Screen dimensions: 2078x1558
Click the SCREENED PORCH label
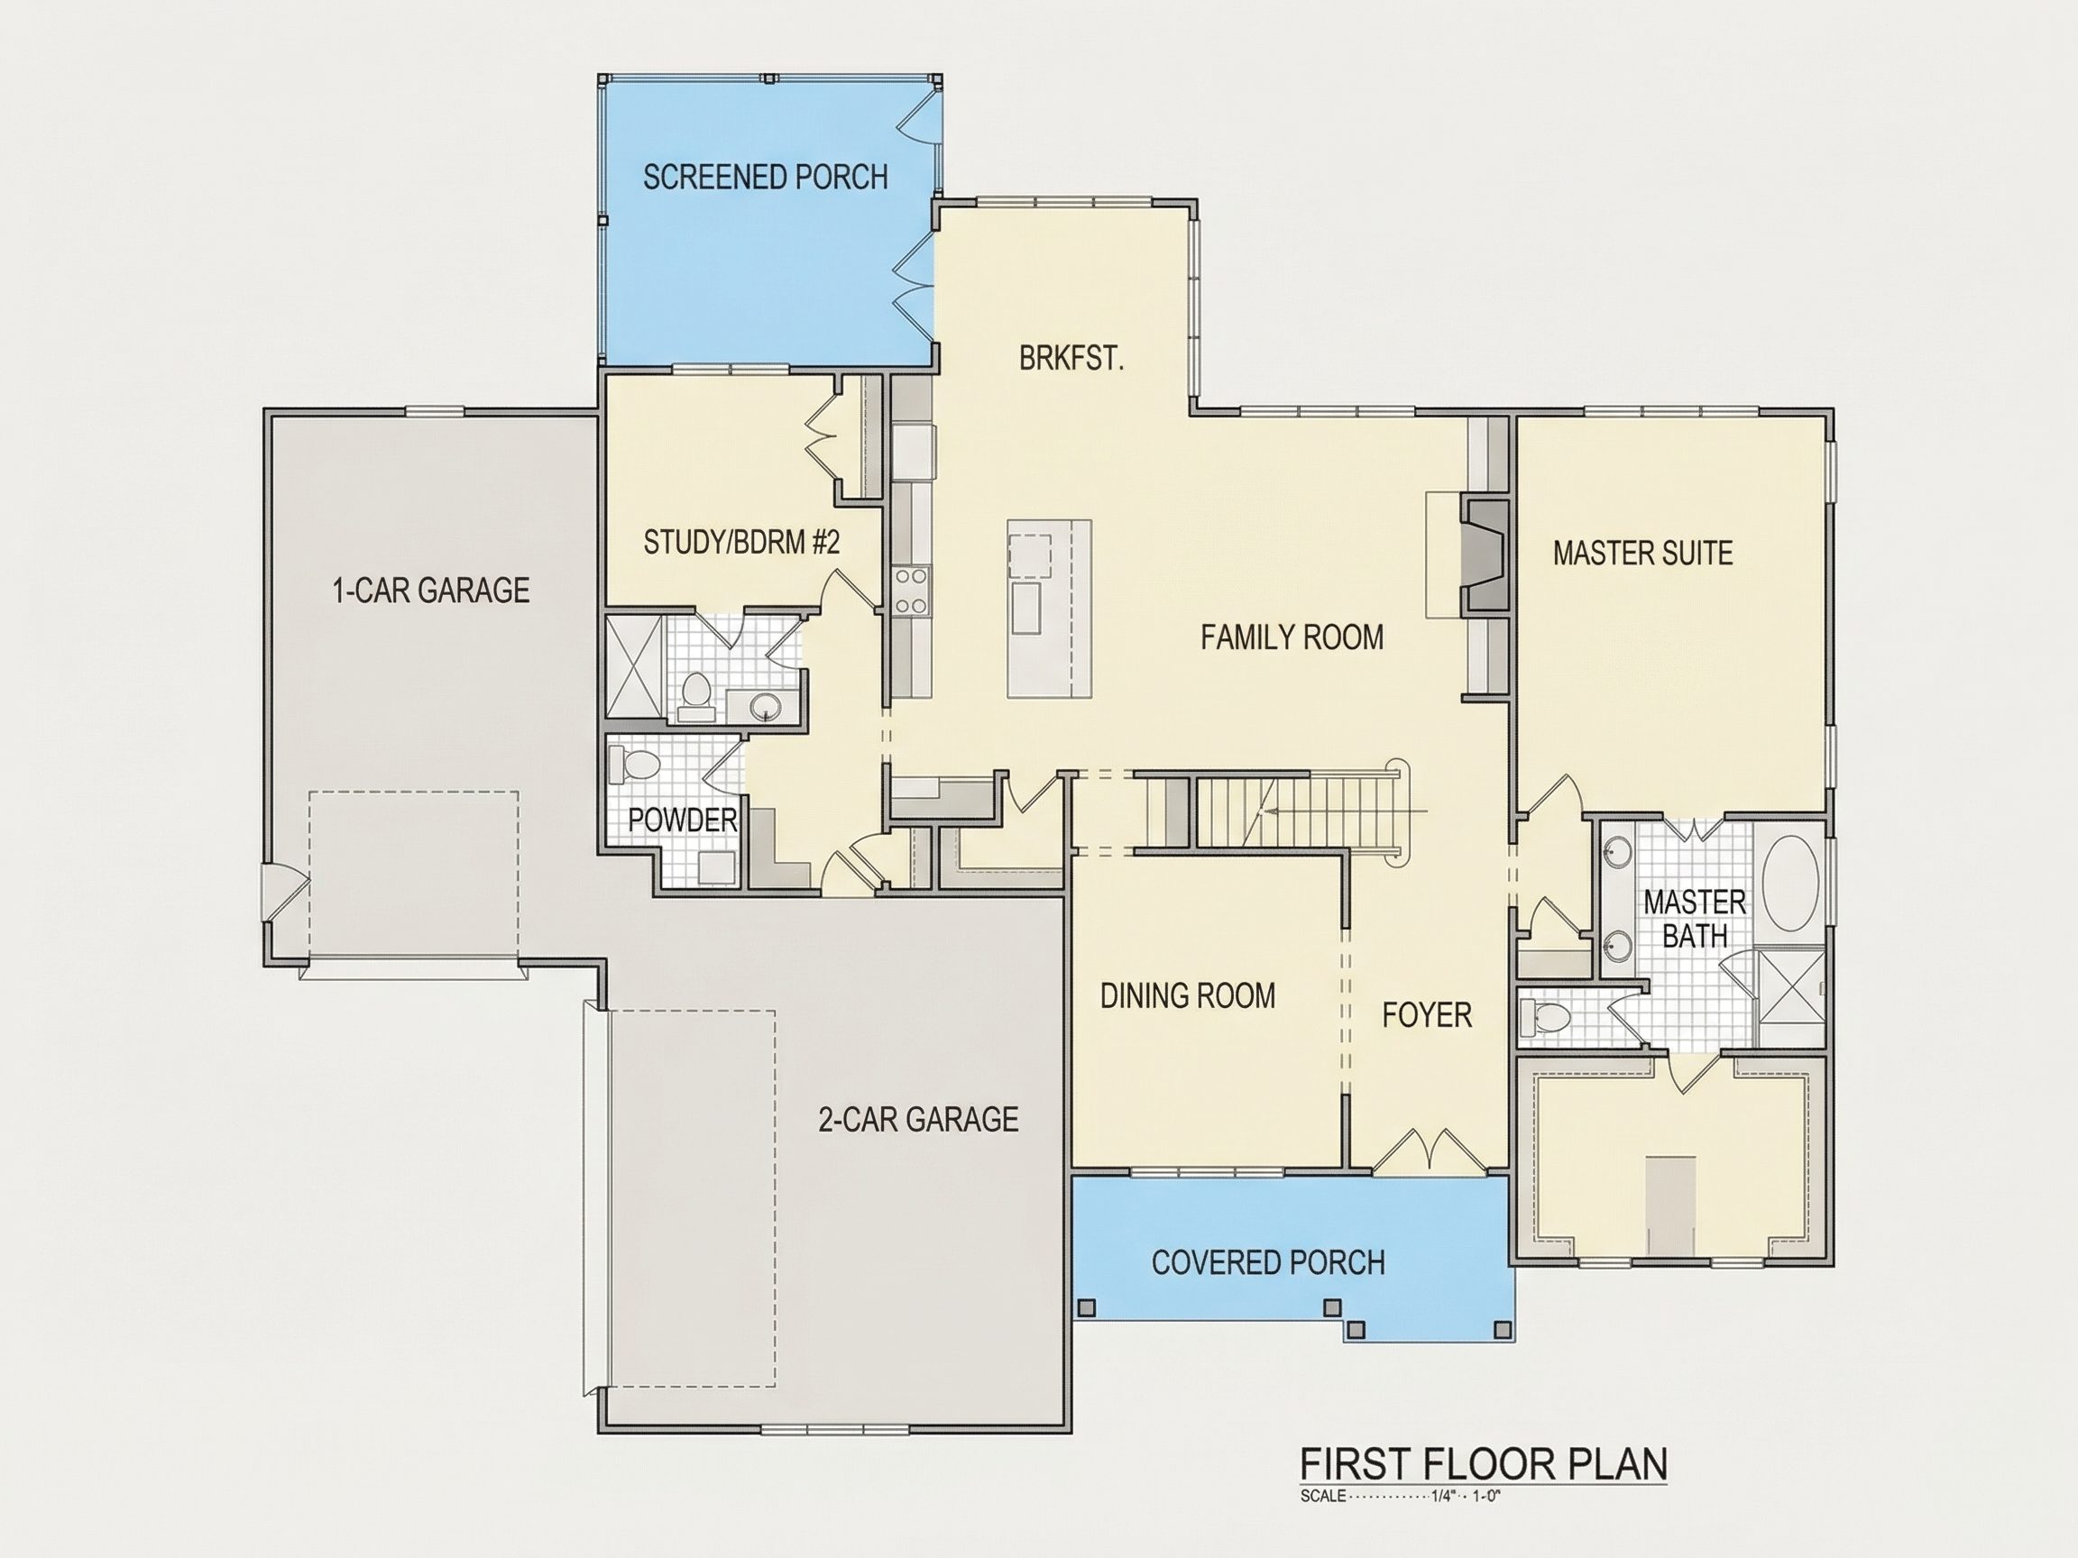[765, 177]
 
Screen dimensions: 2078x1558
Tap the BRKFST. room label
[1071, 358]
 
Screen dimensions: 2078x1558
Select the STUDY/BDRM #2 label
[741, 542]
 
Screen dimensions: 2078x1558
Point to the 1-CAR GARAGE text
[431, 590]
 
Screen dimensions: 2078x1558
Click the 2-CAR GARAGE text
[918, 1119]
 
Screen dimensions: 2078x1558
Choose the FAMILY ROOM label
[1292, 637]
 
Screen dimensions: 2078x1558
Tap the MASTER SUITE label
[1642, 553]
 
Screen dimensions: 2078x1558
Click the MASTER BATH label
[1695, 919]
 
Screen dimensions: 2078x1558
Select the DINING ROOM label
[1188, 995]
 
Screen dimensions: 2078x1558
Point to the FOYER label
[1427, 1014]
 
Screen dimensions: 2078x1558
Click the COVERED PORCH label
[1268, 1262]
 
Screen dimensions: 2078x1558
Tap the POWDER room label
[682, 820]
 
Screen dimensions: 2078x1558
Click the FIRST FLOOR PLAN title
[1484, 1464]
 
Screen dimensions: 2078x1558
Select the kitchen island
[1049, 609]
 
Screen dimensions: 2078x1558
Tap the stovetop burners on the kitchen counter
[911, 590]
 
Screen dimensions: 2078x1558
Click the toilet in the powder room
[633, 763]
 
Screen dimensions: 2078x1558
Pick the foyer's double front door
[1428, 1149]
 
